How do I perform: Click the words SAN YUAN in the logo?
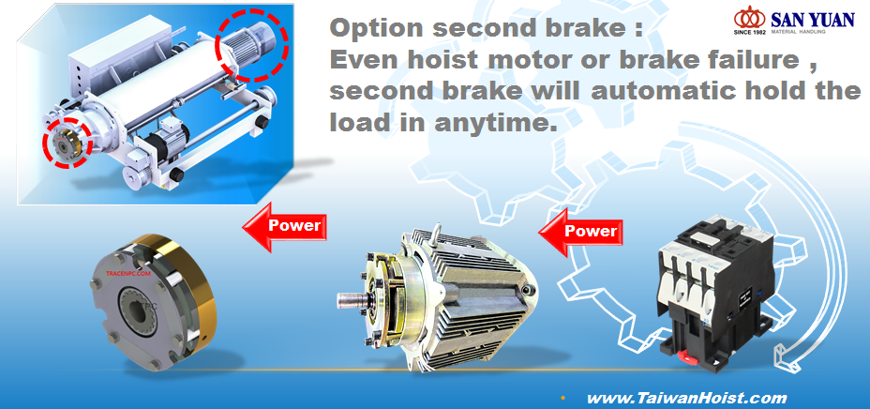pos(812,19)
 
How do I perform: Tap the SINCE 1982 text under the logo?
pos(750,32)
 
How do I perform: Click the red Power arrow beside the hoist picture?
pos(284,226)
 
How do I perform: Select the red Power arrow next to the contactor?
pos(580,232)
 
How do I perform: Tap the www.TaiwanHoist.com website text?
pos(686,398)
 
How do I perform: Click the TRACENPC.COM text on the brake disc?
pos(128,274)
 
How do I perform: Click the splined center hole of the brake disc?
pos(135,309)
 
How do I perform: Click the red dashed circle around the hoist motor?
pos(253,44)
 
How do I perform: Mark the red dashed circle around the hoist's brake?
pos(67,142)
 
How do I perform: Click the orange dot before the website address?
pos(562,399)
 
